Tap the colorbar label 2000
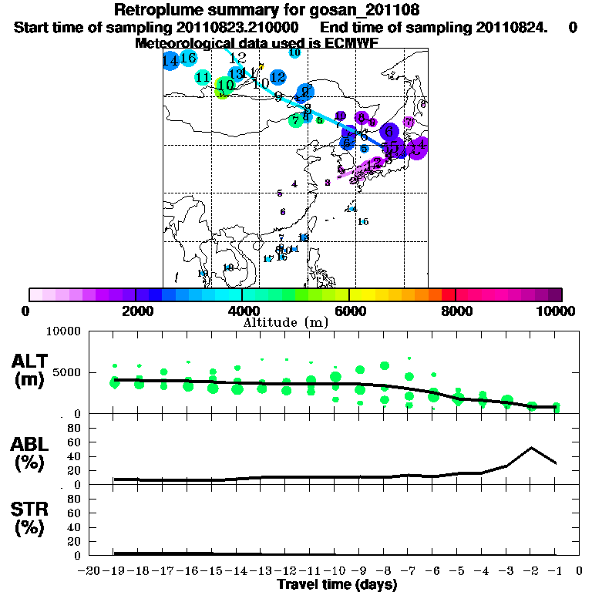[x=135, y=311]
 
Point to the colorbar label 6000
[x=349, y=311]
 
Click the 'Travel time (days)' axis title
[x=337, y=585]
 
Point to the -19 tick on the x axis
[x=115, y=571]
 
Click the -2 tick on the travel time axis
[x=531, y=571]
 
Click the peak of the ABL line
[x=531, y=447]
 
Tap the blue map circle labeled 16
[x=188, y=58]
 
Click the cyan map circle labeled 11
[x=203, y=77]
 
